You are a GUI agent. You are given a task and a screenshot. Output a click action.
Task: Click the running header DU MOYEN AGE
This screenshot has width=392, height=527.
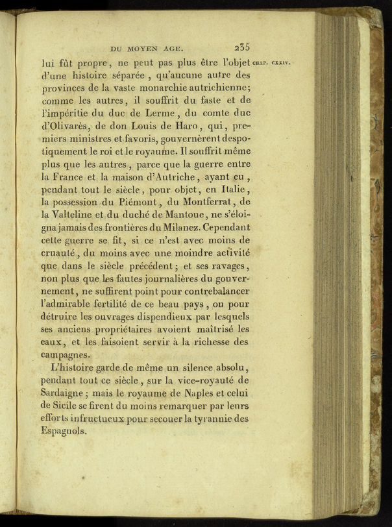tap(148, 47)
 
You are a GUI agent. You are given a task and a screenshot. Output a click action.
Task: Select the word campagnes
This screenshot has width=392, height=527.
tap(67, 355)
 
